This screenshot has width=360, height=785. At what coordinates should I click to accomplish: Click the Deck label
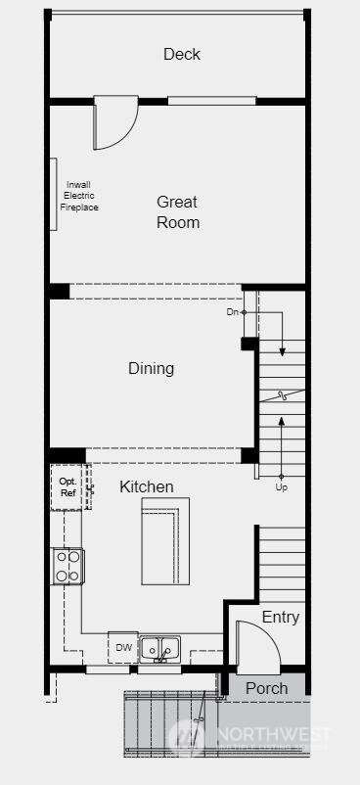(x=182, y=54)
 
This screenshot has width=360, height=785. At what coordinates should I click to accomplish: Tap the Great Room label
(x=178, y=212)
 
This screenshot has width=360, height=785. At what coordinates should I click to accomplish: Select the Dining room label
(x=151, y=369)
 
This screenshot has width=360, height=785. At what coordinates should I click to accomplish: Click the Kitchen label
(x=147, y=486)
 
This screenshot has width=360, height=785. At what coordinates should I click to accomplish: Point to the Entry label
(x=280, y=618)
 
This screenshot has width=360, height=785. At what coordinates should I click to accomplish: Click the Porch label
(x=266, y=688)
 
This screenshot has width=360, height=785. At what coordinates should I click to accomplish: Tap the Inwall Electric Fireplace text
(x=80, y=196)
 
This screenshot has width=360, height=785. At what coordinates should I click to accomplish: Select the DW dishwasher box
(x=123, y=648)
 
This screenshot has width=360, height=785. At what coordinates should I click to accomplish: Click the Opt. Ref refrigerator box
(x=67, y=487)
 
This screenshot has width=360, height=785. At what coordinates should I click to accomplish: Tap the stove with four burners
(x=67, y=566)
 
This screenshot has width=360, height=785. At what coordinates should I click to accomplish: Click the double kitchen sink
(x=159, y=648)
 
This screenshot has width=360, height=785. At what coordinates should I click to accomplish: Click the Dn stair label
(x=232, y=312)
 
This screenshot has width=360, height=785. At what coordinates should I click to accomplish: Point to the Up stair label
(x=282, y=486)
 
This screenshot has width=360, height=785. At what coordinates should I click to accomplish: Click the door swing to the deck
(x=113, y=122)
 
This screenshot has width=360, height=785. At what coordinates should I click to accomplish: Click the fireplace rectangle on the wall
(x=53, y=194)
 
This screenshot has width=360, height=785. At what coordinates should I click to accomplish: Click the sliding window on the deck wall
(x=211, y=100)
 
